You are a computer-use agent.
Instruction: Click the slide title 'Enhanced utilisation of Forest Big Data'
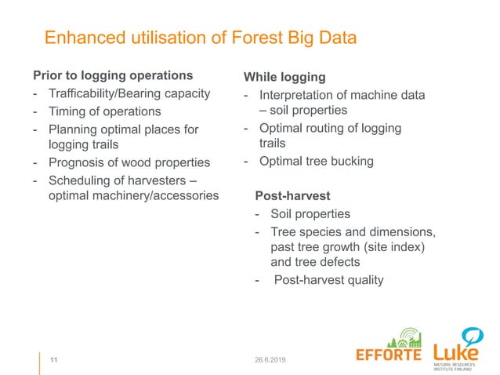(x=200, y=38)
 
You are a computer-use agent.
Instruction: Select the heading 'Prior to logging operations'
(x=112, y=76)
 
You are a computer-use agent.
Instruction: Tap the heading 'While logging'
(x=284, y=77)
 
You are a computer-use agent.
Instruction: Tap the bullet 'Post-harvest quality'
(x=328, y=279)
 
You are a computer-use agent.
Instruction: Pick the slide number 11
(x=54, y=360)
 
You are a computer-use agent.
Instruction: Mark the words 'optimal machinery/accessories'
(x=133, y=196)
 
